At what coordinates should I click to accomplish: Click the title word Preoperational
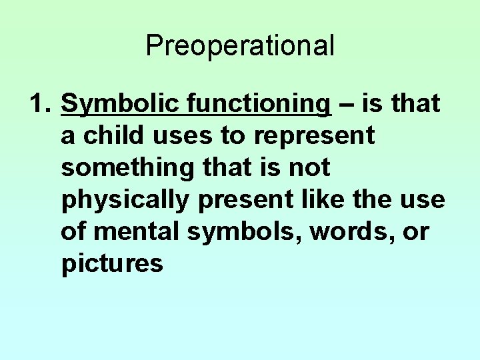click(239, 46)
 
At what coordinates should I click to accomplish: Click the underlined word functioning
click(259, 105)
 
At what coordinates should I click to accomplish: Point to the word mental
click(138, 233)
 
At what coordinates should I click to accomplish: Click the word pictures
click(112, 265)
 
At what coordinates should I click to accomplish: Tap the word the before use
click(381, 201)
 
